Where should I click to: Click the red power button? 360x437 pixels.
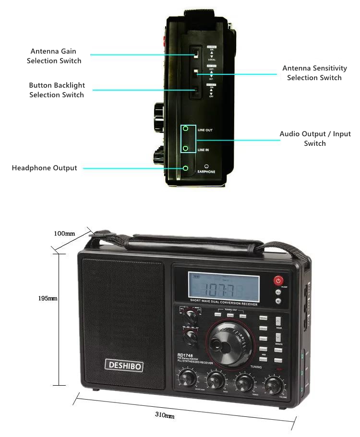point(278,281)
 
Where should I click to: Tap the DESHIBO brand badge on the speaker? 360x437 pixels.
point(124,365)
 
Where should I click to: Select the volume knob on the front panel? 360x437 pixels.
point(273,385)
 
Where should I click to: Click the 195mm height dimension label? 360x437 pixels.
point(48,298)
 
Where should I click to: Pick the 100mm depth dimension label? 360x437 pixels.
point(64,234)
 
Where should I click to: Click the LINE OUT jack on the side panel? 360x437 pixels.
point(185,129)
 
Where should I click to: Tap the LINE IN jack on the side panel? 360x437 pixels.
point(185,149)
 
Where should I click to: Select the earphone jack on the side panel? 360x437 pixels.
point(185,168)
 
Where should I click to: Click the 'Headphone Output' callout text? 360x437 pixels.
point(44,168)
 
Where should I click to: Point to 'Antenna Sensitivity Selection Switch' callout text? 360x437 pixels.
point(314,73)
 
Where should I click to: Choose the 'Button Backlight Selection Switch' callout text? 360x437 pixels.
point(57,90)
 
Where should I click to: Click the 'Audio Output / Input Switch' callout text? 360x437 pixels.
point(315,139)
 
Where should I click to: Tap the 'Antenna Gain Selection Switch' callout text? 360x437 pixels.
point(54,56)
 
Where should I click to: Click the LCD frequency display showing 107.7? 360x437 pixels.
point(224,289)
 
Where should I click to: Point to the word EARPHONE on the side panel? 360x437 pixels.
point(206,171)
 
